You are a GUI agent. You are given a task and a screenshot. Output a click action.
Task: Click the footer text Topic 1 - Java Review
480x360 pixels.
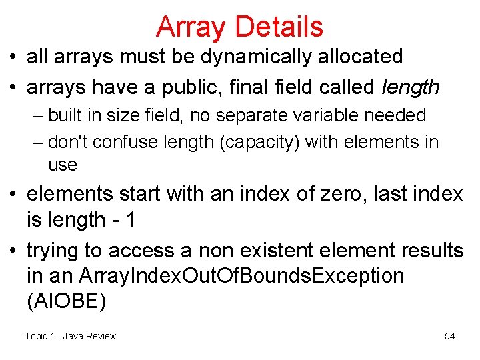tap(71, 336)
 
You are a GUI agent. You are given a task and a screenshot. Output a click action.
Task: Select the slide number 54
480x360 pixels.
tap(450, 336)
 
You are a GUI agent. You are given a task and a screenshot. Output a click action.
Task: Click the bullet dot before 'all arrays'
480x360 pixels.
tap(14, 57)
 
